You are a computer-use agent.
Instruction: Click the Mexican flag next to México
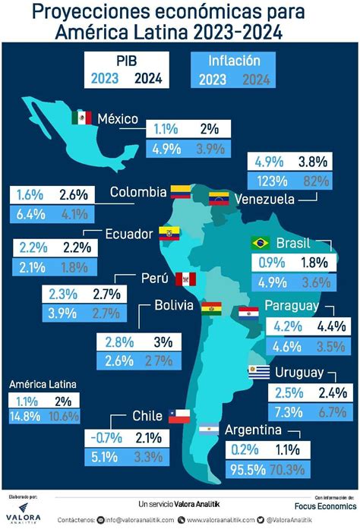(81, 118)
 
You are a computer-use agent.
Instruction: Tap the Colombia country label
(137, 192)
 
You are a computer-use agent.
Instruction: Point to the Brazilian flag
(261, 243)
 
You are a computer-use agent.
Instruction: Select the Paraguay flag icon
(248, 312)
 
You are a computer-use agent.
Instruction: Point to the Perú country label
(153, 278)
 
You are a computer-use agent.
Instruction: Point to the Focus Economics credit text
(324, 505)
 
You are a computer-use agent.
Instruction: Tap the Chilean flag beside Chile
(178, 415)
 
